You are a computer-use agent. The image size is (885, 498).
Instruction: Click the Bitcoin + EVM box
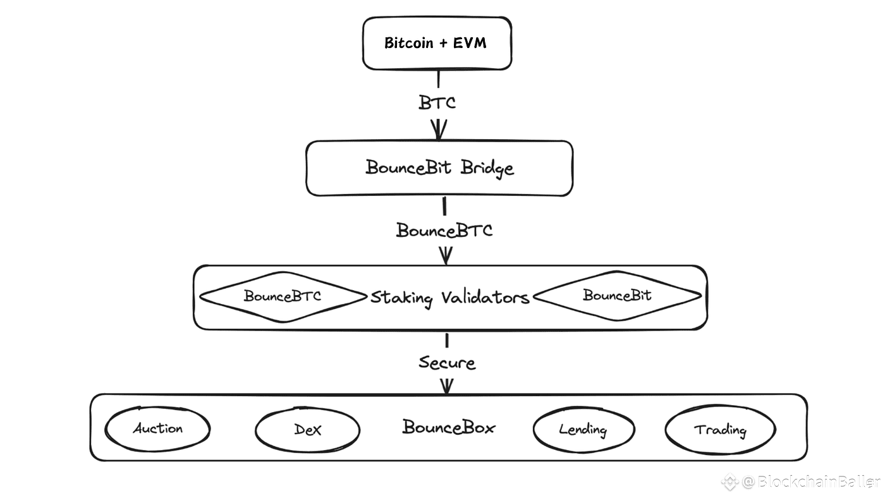(436, 43)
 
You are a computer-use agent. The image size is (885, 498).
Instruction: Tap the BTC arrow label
(437, 102)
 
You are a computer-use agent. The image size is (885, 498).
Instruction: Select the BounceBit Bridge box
(439, 168)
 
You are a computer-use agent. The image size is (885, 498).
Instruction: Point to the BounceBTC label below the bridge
(444, 230)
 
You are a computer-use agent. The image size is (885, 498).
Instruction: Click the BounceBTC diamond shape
(283, 296)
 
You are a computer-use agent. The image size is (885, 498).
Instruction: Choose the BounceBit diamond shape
(617, 295)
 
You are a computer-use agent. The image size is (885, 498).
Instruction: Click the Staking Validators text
(449, 297)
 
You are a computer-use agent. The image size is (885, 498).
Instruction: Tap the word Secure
(446, 363)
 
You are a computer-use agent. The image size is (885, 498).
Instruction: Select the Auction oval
(157, 429)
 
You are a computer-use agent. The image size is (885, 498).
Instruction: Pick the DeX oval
(307, 430)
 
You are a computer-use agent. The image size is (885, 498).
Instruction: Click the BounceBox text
(449, 427)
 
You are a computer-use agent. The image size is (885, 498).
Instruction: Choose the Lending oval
(583, 430)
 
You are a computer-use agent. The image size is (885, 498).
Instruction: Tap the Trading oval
(720, 430)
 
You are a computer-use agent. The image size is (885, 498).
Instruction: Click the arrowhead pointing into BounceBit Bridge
(439, 131)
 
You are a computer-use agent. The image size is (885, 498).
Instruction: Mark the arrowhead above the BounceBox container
(446, 386)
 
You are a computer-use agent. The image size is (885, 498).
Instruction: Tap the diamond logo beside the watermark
(730, 482)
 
